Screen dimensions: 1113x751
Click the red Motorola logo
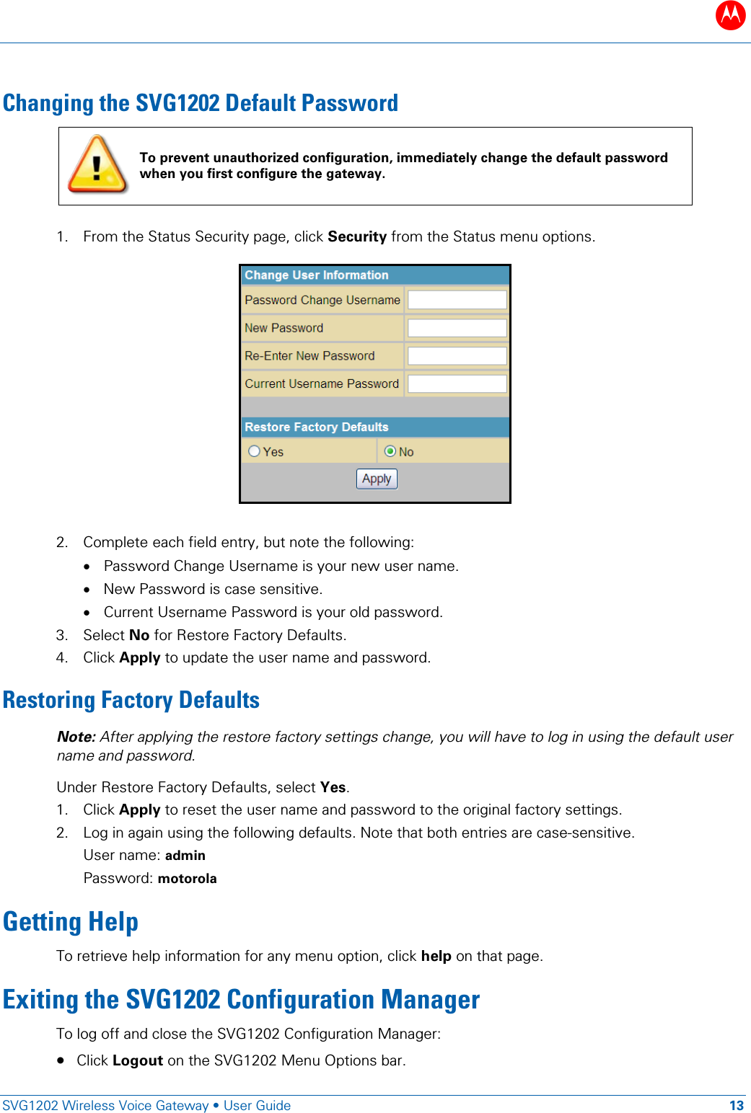point(730,14)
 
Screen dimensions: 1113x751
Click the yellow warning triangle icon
point(97,165)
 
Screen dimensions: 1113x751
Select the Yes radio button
point(254,451)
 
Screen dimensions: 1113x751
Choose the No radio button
point(390,451)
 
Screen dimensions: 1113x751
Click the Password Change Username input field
point(457,300)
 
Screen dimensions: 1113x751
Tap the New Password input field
point(457,328)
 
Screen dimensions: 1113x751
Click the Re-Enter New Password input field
point(457,356)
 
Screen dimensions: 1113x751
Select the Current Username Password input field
point(457,383)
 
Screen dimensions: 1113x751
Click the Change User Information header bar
point(375,275)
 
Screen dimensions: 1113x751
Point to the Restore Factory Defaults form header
point(375,427)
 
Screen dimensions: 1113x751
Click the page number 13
point(736,1106)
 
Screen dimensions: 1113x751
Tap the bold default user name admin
point(185,856)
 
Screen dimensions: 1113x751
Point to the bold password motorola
point(187,879)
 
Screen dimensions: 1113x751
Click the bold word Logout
point(138,1060)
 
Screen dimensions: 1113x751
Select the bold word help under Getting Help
point(436,956)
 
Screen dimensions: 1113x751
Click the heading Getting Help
point(71,922)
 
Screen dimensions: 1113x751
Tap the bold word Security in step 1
point(357,236)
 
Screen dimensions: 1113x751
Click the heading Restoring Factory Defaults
point(131,700)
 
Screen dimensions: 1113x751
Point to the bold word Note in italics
point(76,737)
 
